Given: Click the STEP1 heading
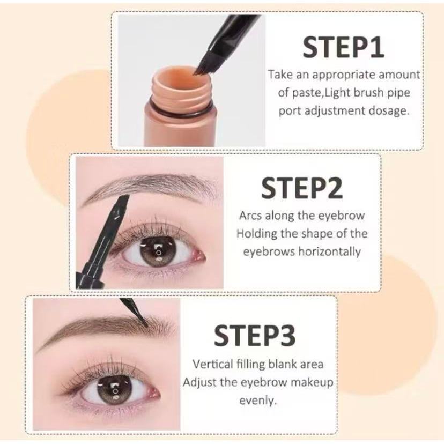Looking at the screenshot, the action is point(343,47).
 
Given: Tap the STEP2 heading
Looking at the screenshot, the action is point(302,188).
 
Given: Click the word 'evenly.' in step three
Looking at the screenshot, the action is point(257,401).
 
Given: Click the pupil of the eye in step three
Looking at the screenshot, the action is point(114,390).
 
